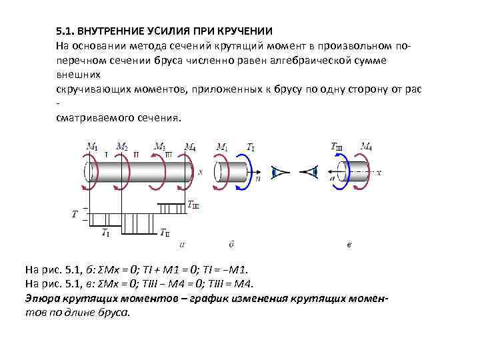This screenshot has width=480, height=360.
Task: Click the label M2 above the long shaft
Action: [x=122, y=147]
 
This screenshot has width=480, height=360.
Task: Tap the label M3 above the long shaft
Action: [x=160, y=147]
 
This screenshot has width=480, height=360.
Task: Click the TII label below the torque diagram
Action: [x=165, y=232]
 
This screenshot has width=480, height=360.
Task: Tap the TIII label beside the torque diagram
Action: [x=193, y=205]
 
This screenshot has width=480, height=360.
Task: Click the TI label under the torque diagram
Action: [x=106, y=232]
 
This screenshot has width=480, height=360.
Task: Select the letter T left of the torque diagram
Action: [x=75, y=214]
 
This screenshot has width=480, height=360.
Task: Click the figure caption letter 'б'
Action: [x=231, y=245]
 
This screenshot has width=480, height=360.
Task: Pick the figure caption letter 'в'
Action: [x=349, y=245]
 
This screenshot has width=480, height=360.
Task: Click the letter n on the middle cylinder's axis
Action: [x=258, y=179]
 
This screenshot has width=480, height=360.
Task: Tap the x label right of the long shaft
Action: [x=200, y=171]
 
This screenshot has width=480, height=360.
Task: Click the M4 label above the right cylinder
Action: [x=366, y=147]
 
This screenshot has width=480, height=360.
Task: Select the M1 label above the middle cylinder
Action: [x=223, y=147]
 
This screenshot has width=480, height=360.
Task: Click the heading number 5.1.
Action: [x=65, y=31]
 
